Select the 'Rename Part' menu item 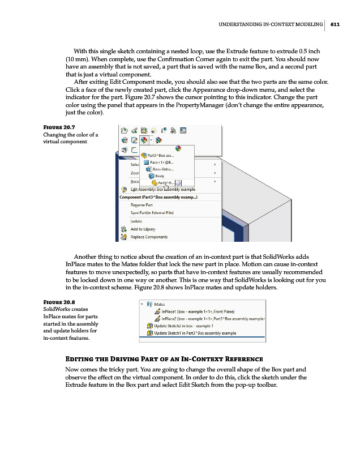click(x=142, y=204)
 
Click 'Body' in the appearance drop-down click(x=160, y=176)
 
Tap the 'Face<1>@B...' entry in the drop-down click(x=162, y=162)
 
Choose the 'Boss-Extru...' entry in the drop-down click(x=164, y=169)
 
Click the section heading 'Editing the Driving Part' click(x=164, y=360)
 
